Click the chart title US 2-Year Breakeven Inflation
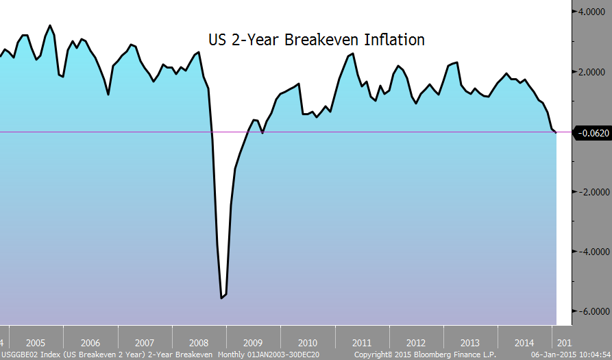coord(317,40)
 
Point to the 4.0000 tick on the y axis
coord(593,12)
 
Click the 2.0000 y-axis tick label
coord(593,72)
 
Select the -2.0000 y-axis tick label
coord(592,192)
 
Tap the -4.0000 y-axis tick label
coord(592,252)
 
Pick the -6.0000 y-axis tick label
coord(592,311)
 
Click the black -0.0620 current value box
coord(592,132)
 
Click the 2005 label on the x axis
coord(35,343)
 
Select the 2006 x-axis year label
coord(90,343)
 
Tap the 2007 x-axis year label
coord(144,343)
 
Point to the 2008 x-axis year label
coord(199,343)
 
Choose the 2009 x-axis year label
coord(253,343)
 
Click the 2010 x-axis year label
coord(307,343)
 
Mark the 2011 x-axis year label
coord(362,343)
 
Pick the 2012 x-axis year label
coord(416,343)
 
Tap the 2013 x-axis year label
coord(470,343)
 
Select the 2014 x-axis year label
coord(524,343)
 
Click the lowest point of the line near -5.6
coord(221,298)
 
